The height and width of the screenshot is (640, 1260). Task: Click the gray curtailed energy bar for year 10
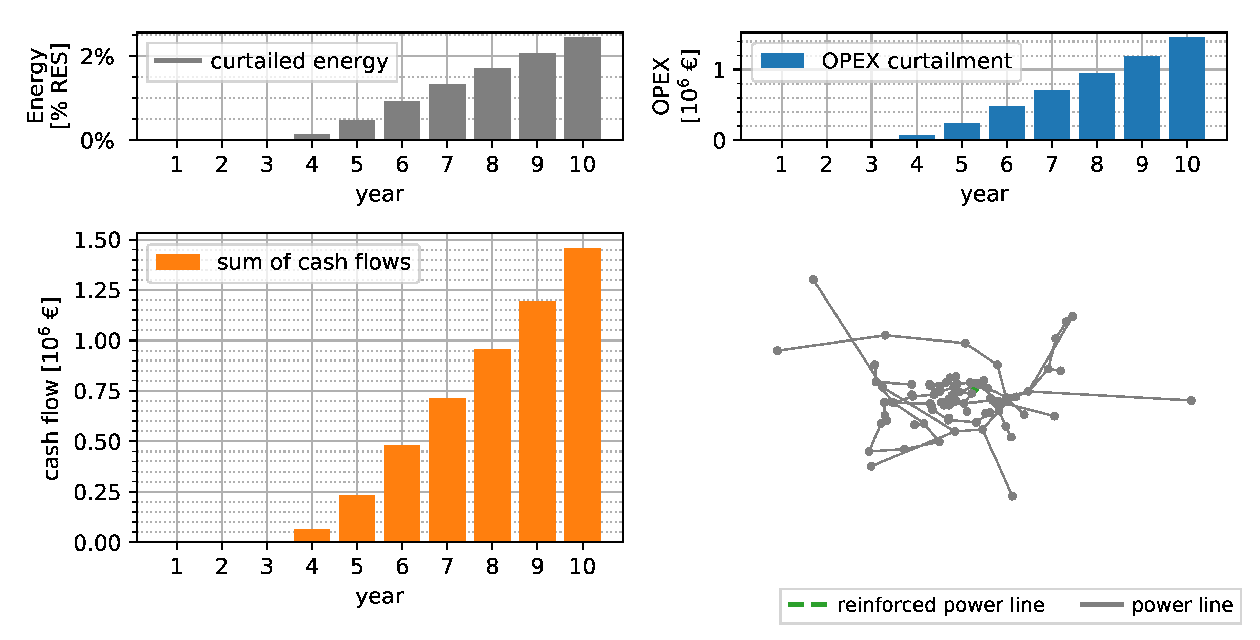click(x=582, y=88)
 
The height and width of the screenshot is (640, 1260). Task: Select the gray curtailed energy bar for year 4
click(x=312, y=137)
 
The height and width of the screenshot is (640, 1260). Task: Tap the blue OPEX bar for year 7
click(x=1051, y=115)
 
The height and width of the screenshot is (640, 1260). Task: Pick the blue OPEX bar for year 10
click(x=1187, y=88)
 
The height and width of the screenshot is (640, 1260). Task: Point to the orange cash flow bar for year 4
click(x=312, y=535)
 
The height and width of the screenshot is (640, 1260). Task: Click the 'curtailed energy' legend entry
click(x=272, y=62)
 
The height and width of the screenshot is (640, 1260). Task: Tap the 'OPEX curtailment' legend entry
click(x=886, y=62)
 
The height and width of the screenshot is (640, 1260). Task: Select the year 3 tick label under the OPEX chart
click(x=871, y=164)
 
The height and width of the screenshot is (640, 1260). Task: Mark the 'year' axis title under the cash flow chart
click(x=379, y=597)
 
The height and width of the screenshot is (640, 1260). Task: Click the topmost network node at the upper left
click(x=813, y=280)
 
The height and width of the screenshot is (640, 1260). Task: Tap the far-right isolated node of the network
click(x=1191, y=400)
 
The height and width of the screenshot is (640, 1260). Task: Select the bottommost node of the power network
click(x=1012, y=496)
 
